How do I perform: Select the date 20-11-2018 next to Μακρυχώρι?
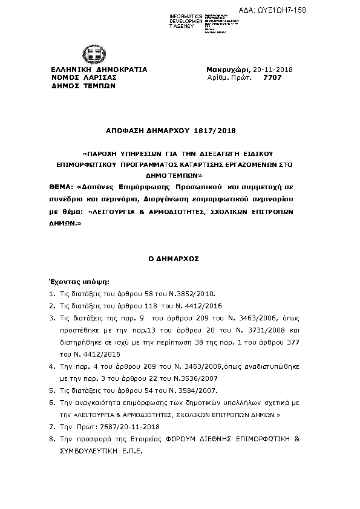273,70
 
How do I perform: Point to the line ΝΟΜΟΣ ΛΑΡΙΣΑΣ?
83,77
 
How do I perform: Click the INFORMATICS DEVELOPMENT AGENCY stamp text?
169,19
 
